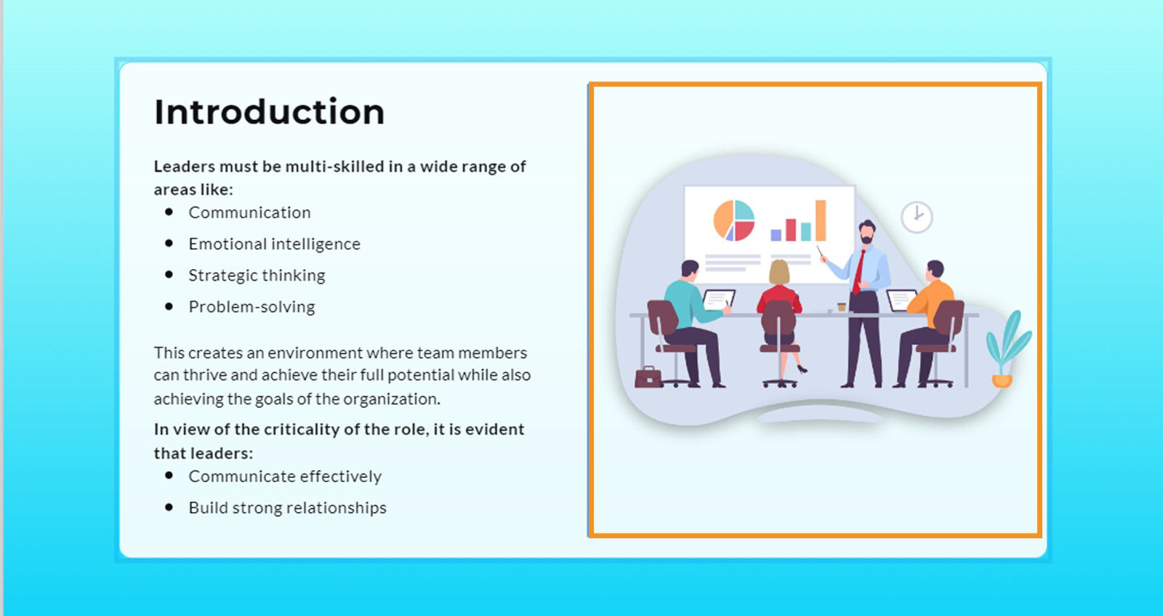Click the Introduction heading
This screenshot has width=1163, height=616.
269,112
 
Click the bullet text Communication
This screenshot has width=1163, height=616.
249,212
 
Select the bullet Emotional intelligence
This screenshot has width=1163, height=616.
274,244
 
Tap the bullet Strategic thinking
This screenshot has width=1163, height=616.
257,275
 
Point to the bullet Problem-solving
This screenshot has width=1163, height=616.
251,306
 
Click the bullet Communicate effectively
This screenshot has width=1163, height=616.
285,476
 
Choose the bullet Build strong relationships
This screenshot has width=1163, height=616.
287,508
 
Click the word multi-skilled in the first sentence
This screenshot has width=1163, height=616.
334,167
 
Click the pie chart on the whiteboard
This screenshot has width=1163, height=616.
733,220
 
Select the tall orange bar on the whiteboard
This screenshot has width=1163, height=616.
821,220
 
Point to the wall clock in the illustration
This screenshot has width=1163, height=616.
917,217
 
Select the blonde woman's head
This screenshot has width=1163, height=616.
779,271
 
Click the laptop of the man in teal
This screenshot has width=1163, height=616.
718,298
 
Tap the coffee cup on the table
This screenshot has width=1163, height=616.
842,307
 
